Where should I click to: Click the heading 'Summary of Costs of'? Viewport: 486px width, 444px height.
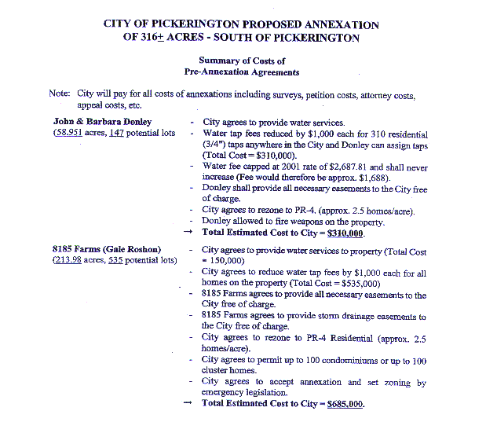pos(241,61)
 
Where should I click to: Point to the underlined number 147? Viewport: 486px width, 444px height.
pos(117,134)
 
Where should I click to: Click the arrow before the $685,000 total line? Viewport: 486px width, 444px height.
pos(187,404)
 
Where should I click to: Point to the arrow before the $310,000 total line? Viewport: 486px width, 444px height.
pos(187,233)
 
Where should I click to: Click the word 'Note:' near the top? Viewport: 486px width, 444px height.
pos(59,93)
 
